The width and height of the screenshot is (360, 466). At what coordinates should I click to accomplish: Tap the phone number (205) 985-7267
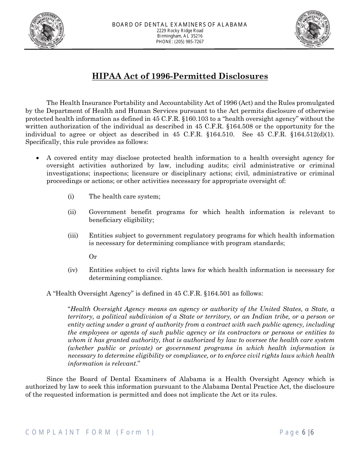tap(180, 42)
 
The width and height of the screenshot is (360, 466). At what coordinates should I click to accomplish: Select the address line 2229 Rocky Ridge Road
tap(180, 30)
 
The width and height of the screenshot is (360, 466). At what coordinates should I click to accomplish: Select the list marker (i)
tap(71, 196)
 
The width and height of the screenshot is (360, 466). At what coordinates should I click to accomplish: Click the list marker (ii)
tap(72, 212)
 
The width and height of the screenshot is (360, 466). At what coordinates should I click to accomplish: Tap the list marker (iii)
tap(73, 236)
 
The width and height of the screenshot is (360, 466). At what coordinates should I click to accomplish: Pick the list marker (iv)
tap(72, 270)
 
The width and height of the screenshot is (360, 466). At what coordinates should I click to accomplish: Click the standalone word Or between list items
tap(93, 257)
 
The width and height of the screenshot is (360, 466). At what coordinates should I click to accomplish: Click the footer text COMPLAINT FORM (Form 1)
tap(90, 432)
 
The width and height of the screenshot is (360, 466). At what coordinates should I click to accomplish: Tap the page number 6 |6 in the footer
tap(308, 432)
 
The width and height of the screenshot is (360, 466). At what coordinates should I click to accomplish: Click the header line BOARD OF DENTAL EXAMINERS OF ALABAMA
tap(180, 25)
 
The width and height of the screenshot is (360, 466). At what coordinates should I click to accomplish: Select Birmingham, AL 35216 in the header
tap(180, 36)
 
